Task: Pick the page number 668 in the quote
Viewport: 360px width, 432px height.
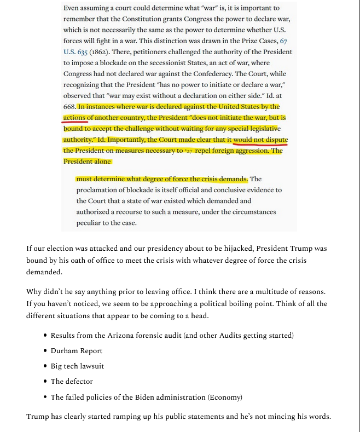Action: click(69, 107)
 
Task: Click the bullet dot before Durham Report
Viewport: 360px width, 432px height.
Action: click(44, 351)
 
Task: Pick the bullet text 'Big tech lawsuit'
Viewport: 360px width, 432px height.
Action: click(77, 366)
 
